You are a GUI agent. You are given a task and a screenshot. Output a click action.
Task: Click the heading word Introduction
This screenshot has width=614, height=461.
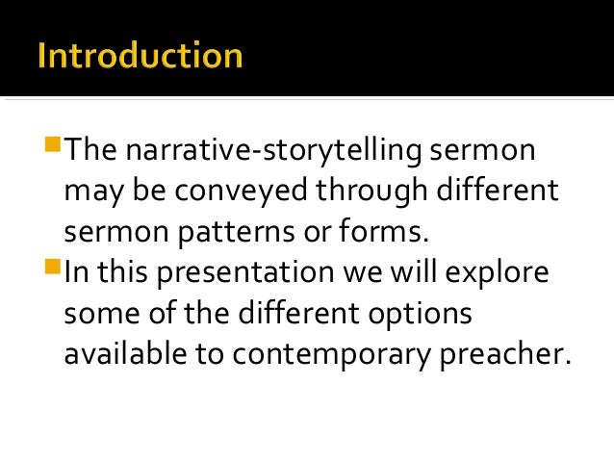pos(141,55)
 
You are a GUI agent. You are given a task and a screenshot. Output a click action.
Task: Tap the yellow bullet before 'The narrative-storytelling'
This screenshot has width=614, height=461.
pos(54,146)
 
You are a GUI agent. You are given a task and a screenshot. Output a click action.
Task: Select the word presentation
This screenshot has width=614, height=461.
pos(256,274)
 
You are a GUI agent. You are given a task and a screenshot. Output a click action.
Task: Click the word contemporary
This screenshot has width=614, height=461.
pos(324,355)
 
